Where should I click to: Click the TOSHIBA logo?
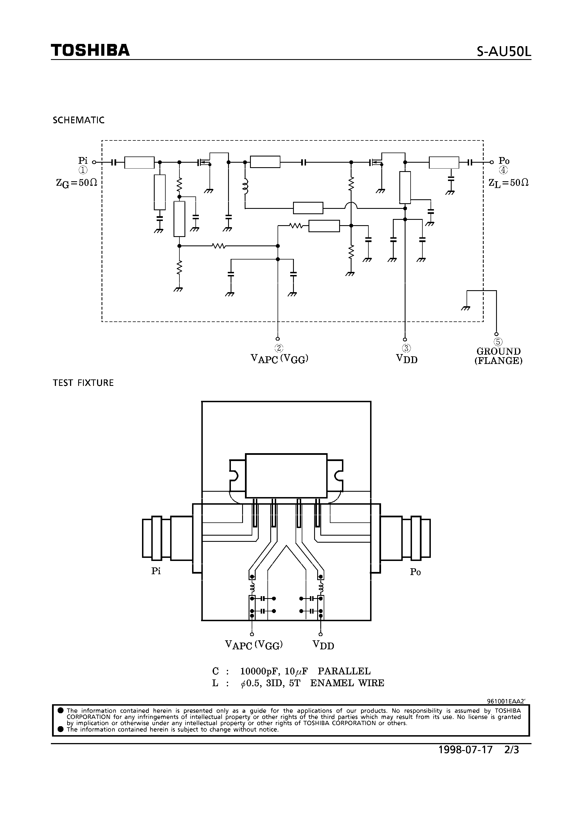90,51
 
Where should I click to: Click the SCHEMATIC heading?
78,120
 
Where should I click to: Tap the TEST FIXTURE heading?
83,383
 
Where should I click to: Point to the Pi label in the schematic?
83,160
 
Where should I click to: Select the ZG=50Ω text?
77,183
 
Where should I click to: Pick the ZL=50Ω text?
508,183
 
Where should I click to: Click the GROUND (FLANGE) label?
498,356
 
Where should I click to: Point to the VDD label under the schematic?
407,359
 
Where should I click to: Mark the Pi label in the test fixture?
156,571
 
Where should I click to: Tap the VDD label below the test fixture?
323,645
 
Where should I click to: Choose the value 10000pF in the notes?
256,671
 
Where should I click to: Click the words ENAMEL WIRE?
347,683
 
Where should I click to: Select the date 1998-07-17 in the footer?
466,750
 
